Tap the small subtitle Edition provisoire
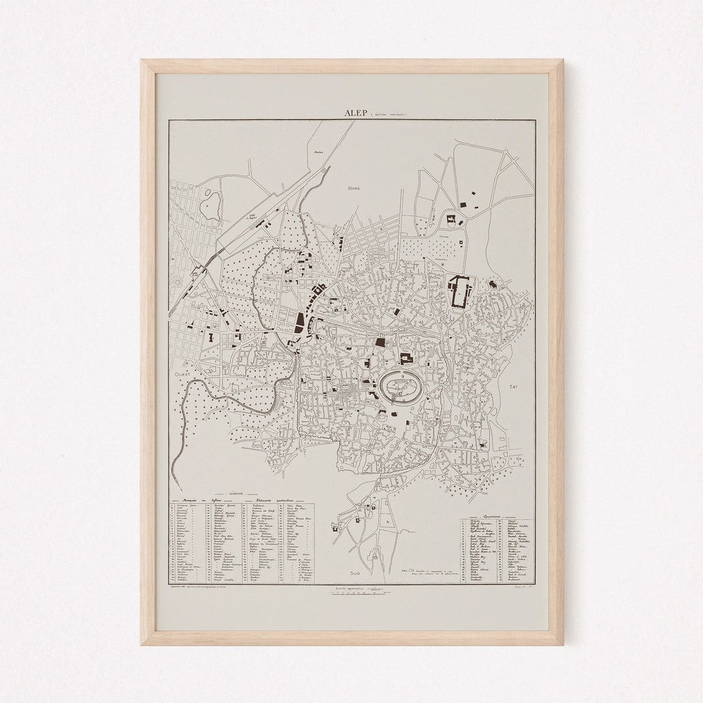pyautogui.click(x=389, y=114)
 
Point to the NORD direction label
pyautogui.click(x=353, y=188)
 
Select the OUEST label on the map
pyautogui.click(x=179, y=376)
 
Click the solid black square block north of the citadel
pyautogui.click(x=380, y=341)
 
